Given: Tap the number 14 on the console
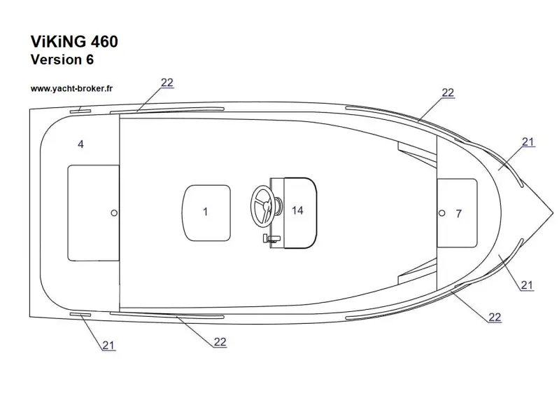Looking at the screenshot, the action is click(x=297, y=211).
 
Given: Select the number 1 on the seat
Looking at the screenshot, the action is click(x=206, y=212).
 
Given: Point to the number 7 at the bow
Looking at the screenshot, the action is click(x=459, y=214).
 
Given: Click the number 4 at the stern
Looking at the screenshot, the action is click(x=80, y=144).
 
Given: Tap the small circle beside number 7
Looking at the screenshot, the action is click(x=441, y=213).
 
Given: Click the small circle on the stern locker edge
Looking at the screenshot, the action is click(x=114, y=213).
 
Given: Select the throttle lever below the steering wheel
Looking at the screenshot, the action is click(x=271, y=238).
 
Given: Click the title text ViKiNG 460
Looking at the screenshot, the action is click(x=74, y=41).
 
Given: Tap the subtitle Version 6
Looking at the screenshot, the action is click(x=62, y=60).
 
